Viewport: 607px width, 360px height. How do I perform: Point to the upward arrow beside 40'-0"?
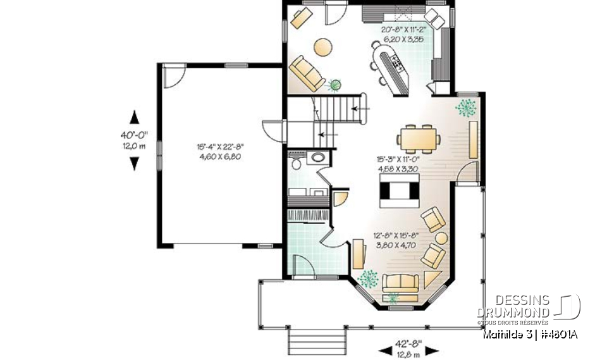134,117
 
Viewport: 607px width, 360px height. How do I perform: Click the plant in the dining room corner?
467,106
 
